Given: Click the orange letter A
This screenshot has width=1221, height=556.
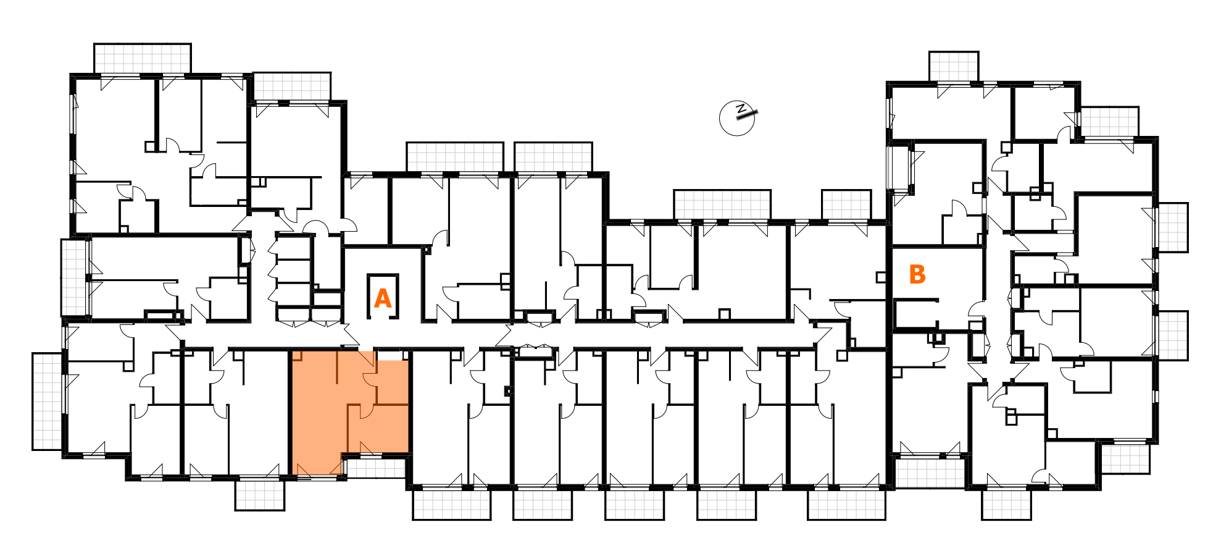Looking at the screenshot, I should (x=383, y=299).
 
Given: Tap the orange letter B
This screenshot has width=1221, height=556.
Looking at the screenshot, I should (x=917, y=274).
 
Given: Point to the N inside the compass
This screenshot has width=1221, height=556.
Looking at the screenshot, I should (x=741, y=109).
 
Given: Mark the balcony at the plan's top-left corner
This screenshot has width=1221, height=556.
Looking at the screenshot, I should (x=142, y=58).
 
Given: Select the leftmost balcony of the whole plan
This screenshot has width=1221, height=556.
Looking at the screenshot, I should (x=47, y=401).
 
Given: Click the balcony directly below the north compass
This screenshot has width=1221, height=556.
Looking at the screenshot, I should (x=722, y=204).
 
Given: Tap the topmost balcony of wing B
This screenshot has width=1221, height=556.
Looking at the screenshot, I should (x=954, y=66).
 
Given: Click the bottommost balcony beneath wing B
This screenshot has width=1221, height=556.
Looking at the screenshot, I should (x=1006, y=504).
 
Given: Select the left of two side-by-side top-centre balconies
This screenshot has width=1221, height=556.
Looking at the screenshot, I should (x=455, y=156).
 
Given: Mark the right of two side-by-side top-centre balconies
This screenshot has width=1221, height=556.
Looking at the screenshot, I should (x=553, y=156).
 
